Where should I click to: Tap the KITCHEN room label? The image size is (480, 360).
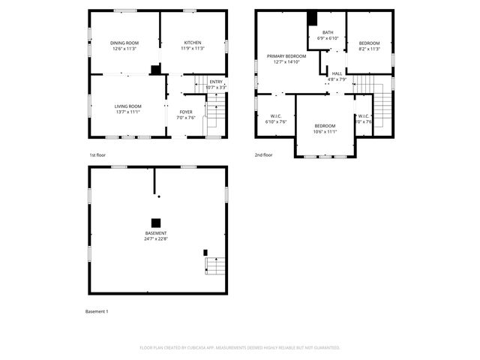click(x=193, y=43)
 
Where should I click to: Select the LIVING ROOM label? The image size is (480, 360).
click(x=127, y=106)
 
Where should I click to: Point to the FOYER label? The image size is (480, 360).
click(x=185, y=112)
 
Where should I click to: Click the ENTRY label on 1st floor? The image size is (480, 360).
click(x=216, y=82)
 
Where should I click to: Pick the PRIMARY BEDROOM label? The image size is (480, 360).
click(x=286, y=56)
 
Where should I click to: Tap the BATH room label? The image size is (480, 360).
click(x=328, y=32)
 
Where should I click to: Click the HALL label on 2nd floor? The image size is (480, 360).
click(x=337, y=73)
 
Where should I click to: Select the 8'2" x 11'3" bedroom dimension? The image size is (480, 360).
click(x=369, y=49)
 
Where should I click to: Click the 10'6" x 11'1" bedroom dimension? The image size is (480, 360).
click(x=325, y=131)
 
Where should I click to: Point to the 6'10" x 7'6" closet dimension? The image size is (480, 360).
click(x=275, y=121)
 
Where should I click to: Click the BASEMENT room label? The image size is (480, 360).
click(x=156, y=233)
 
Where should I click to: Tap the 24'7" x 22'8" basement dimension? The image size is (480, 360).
click(x=156, y=239)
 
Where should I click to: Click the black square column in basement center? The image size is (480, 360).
click(x=156, y=222)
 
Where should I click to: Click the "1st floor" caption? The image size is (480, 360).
click(x=97, y=154)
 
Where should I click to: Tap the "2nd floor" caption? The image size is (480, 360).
click(x=263, y=154)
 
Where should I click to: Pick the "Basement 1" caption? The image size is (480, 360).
click(x=97, y=310)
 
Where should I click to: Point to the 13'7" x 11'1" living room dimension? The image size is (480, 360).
click(x=127, y=112)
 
